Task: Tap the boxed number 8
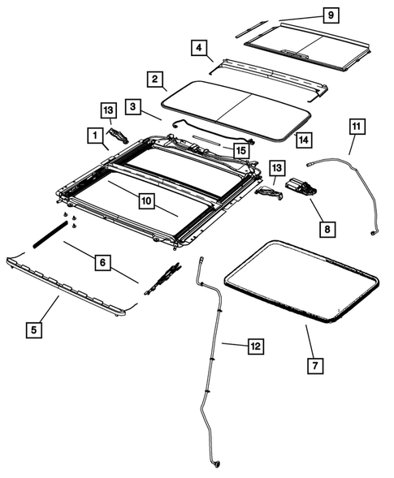(326, 230)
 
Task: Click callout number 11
(358, 127)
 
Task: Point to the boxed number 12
(254, 347)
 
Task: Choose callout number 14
(303, 140)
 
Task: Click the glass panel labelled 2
(236, 105)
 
